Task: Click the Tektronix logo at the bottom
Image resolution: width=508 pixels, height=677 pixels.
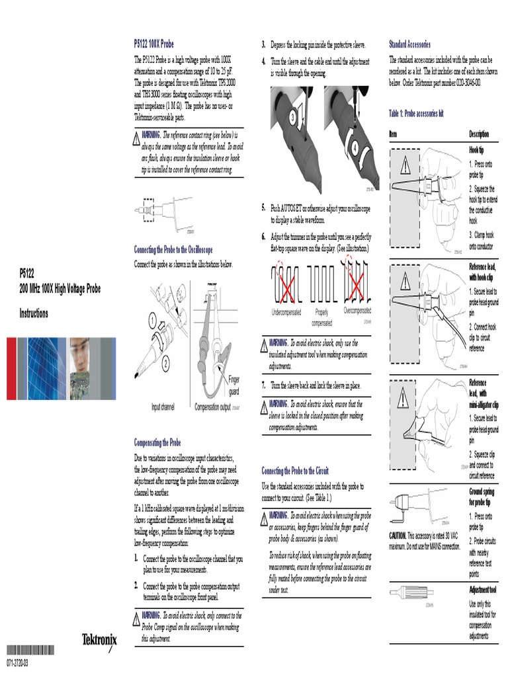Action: point(99,641)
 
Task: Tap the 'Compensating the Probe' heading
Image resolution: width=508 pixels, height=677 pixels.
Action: point(157,442)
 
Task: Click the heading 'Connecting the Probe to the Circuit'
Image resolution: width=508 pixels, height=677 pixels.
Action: point(295,471)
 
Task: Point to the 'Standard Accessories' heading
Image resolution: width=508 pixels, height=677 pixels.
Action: point(409,44)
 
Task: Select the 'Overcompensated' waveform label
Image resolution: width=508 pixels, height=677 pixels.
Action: point(357,310)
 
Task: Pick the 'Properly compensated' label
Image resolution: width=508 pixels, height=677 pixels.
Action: point(321,318)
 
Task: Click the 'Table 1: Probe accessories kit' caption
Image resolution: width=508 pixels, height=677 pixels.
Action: point(416,114)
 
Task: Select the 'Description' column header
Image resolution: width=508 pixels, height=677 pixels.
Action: point(480,134)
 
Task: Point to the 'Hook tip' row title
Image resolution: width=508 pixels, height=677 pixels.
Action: point(476,150)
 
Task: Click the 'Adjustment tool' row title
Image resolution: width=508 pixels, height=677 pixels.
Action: point(483,589)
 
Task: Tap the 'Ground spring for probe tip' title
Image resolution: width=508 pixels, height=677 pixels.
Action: point(482,497)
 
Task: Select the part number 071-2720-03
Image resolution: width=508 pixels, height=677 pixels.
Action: point(18,663)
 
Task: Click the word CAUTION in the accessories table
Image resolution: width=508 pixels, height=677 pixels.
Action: point(398,535)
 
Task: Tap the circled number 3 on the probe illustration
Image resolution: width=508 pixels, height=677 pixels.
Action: point(292,117)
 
